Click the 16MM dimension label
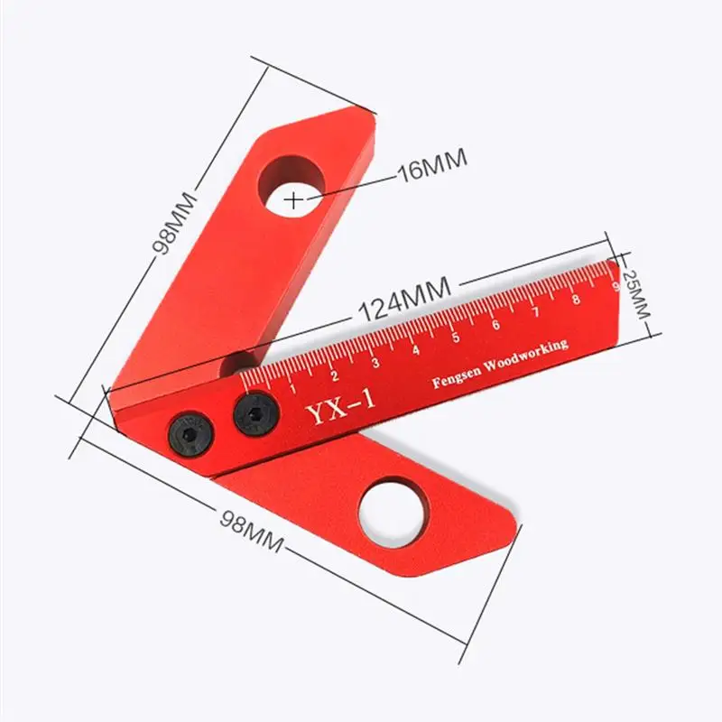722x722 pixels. click(432, 165)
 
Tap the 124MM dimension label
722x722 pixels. click(404, 300)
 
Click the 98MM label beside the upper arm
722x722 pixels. click(174, 223)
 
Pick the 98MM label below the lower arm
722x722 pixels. click(251, 531)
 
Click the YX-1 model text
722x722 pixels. click(340, 405)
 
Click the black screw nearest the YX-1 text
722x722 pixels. click(256, 413)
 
